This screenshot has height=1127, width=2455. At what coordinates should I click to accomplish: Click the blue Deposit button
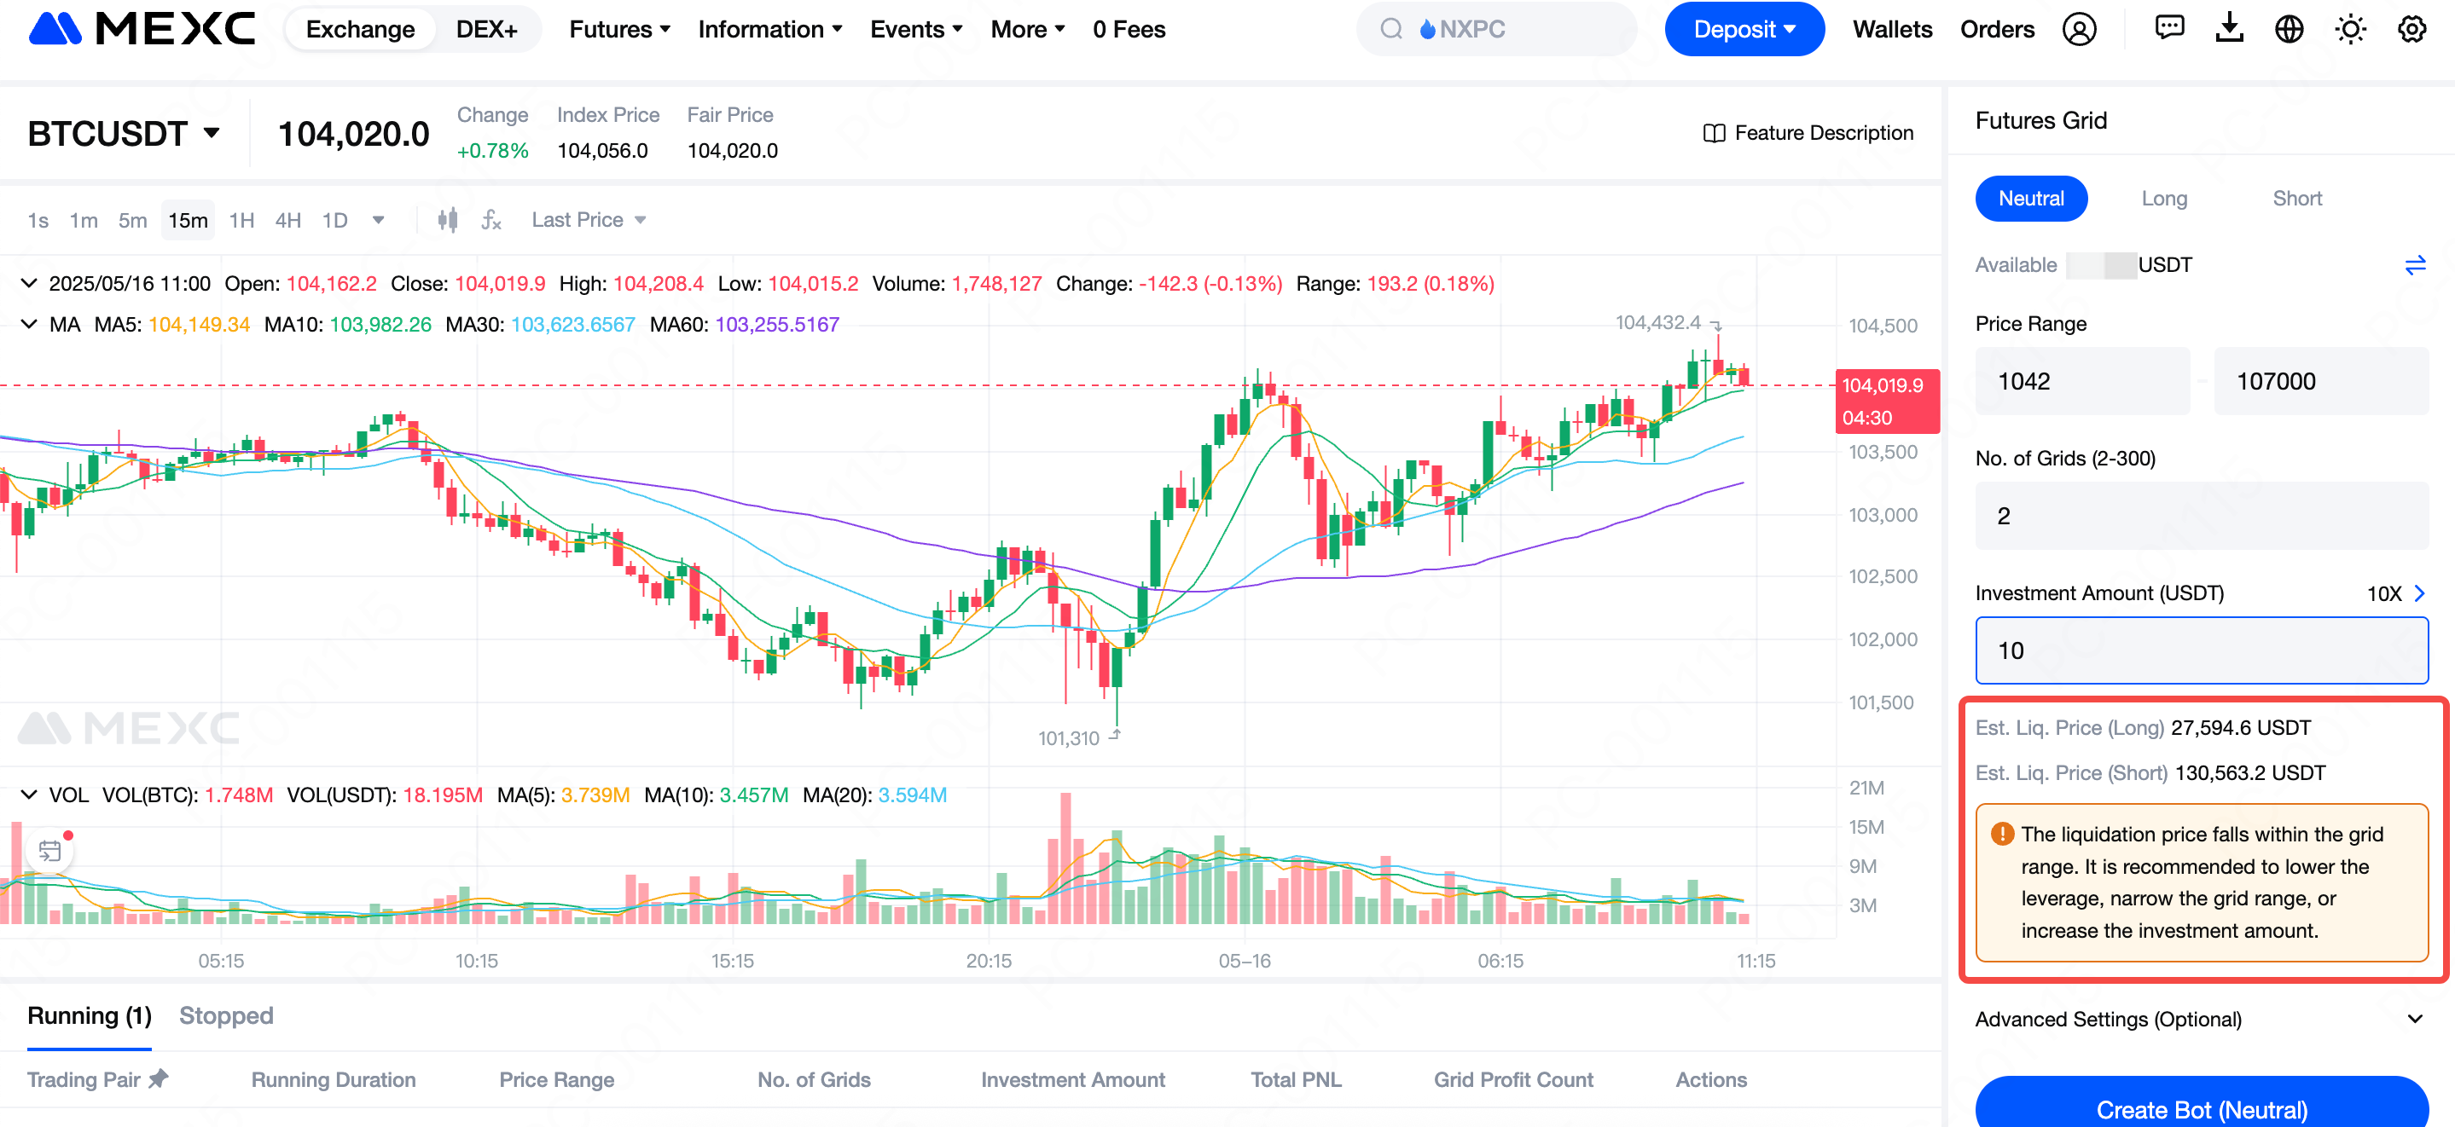pyautogui.click(x=1743, y=30)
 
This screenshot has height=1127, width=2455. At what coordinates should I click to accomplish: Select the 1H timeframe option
pyautogui.click(x=241, y=221)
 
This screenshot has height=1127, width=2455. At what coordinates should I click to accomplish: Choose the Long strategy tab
pyautogui.click(x=2163, y=198)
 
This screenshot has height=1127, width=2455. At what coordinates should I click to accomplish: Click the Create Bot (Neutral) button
pyautogui.click(x=2201, y=1108)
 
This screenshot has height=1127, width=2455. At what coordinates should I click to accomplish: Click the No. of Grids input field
pyautogui.click(x=2201, y=516)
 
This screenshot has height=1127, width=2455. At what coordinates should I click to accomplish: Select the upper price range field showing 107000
pyautogui.click(x=2319, y=381)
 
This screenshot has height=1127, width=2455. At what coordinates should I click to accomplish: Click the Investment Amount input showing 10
pyautogui.click(x=2201, y=650)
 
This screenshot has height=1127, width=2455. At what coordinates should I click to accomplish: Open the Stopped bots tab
pyautogui.click(x=226, y=1015)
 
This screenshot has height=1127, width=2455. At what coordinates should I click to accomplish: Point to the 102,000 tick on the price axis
pyautogui.click(x=1883, y=639)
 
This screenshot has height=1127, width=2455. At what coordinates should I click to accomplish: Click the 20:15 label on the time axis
pyautogui.click(x=989, y=960)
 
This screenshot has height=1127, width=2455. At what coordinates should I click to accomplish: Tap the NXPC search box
pyautogui.click(x=1495, y=30)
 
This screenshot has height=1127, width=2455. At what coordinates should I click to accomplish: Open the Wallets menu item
pyautogui.click(x=1892, y=30)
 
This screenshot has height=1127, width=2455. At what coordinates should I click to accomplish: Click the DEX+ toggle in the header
pyautogui.click(x=486, y=30)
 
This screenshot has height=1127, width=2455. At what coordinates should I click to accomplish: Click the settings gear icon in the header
pyautogui.click(x=2411, y=30)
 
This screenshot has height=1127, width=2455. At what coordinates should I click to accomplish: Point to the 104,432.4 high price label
pyautogui.click(x=1657, y=323)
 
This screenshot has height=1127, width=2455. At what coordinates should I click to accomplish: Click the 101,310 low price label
pyautogui.click(x=1068, y=738)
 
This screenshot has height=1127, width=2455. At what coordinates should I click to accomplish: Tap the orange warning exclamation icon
pyautogui.click(x=2002, y=835)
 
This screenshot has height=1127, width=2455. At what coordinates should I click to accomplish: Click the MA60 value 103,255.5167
pyautogui.click(x=777, y=325)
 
